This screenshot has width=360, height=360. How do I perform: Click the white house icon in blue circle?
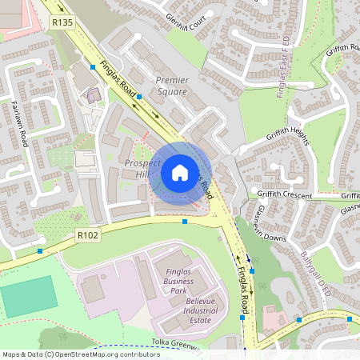(x=180, y=172)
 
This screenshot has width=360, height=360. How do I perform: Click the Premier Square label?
(x=171, y=86)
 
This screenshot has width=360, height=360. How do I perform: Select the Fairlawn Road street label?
(x=21, y=123)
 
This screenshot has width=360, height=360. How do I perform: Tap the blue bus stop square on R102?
(x=185, y=222)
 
